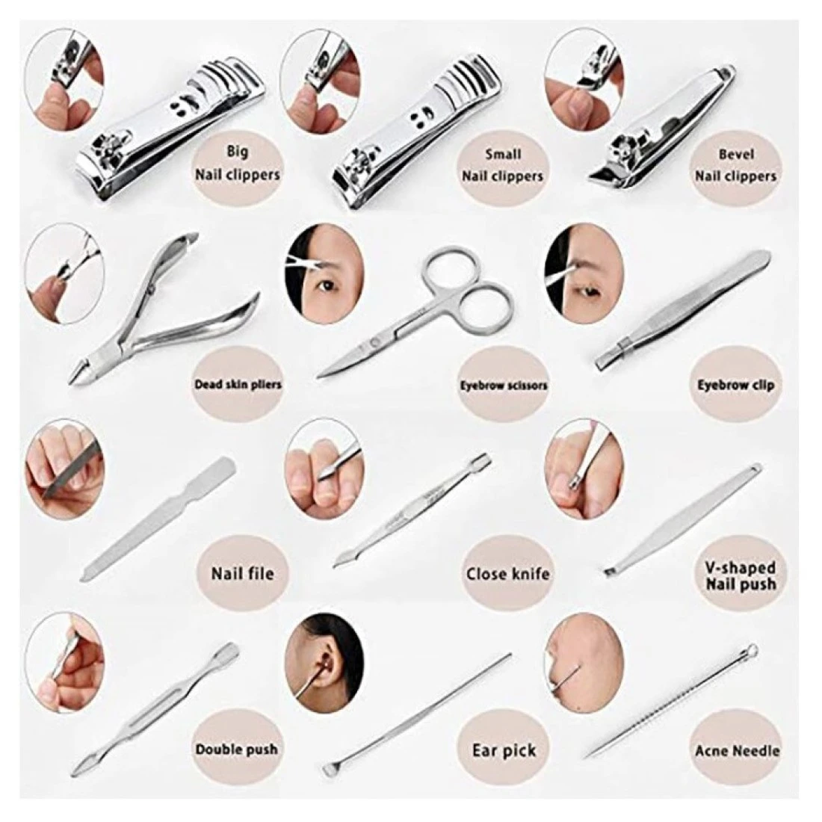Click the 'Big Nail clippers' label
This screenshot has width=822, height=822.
click(238, 163)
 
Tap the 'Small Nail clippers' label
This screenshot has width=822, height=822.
click(502, 165)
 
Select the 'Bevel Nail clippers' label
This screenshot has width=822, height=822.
click(735, 165)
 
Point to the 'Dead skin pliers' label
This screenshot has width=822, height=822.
click(238, 385)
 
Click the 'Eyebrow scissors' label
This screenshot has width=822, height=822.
click(503, 386)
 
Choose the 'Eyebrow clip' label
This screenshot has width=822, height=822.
click(735, 386)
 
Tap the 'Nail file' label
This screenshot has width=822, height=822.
click(243, 573)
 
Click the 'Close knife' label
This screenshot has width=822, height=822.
click(508, 573)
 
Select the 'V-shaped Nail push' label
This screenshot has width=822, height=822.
click(741, 575)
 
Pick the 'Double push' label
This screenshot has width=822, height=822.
click(236, 749)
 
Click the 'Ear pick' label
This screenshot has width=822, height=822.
click(504, 750)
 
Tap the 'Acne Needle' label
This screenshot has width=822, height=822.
click(737, 751)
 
